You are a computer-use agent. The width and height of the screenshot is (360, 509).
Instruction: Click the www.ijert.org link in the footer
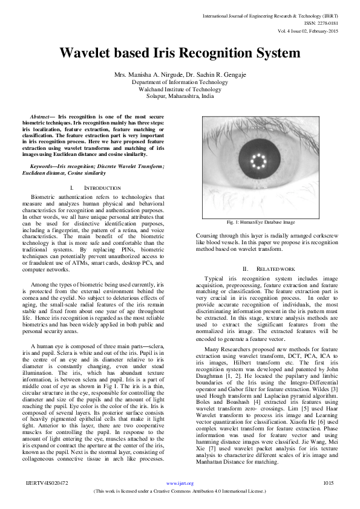pos(180,483)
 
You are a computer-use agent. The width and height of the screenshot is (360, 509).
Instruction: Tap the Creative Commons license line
pos(180,491)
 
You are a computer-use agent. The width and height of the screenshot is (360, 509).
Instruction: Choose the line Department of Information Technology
pos(180,82)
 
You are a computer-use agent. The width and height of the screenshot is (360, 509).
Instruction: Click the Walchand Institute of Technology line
pos(180,89)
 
